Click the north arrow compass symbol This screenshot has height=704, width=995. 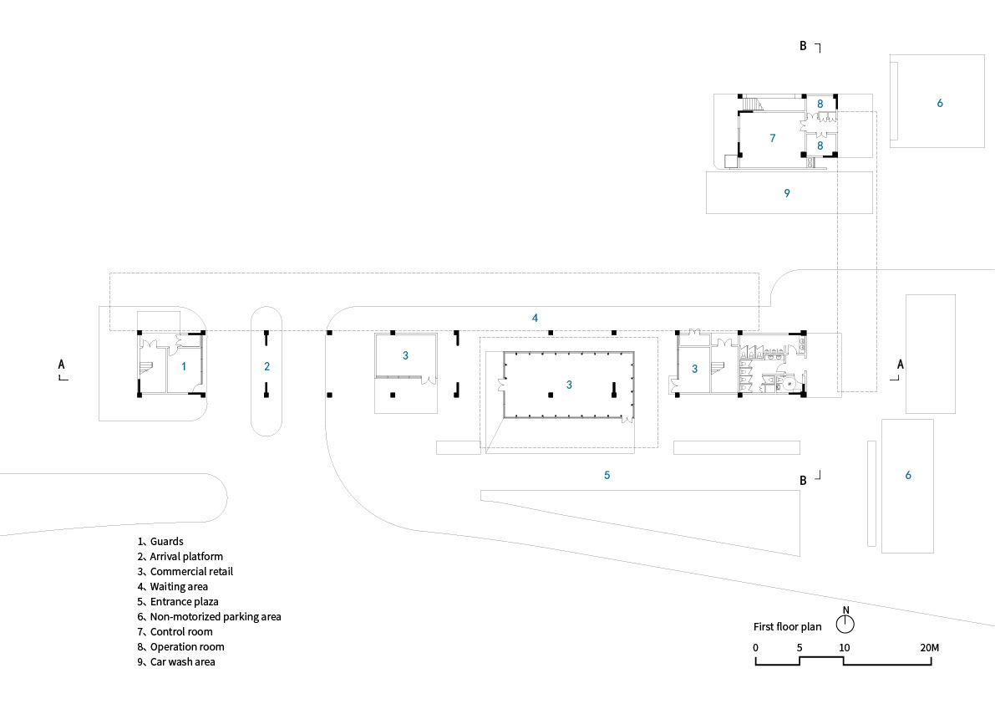coord(846,625)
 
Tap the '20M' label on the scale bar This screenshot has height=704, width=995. coord(930,648)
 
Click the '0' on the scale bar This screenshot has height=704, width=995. coord(755,648)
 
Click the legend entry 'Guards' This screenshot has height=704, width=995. coord(166,542)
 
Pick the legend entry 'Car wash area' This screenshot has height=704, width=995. coord(182,662)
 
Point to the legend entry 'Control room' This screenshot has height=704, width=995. coord(180,632)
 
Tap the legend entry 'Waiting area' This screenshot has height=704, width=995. coord(179,587)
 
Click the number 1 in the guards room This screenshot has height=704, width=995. coord(184,365)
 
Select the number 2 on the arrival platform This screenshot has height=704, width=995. coord(267,366)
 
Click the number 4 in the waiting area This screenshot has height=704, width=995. coord(535,318)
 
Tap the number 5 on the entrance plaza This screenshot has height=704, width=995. coord(607,475)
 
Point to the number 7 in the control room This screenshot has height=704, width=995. coord(773,137)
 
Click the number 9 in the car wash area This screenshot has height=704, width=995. coord(787,193)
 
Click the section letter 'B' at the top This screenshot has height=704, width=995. coord(803,47)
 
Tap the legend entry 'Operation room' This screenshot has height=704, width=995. coord(186,647)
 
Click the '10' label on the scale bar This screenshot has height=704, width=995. coord(845,648)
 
